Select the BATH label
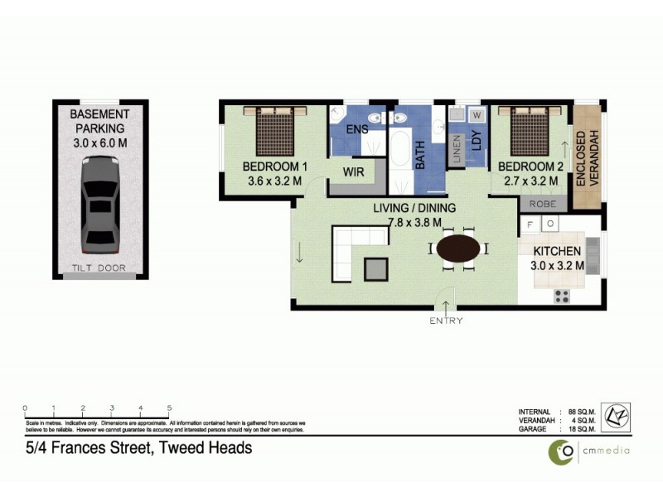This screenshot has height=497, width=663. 419,154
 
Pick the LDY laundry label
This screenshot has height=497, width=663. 476,141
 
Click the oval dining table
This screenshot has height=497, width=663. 458,248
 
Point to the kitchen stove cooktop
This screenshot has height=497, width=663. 562,295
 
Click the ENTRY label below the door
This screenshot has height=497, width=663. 446,321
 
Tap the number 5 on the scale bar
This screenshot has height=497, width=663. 169,408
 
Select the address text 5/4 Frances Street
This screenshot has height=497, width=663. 138,448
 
